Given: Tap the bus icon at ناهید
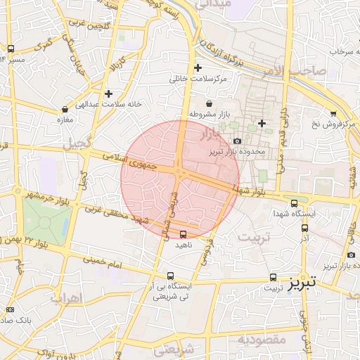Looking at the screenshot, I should pos(184,234).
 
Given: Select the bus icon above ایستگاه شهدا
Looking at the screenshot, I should pos(303,202).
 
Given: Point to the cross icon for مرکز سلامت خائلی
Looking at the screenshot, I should pos(198,68).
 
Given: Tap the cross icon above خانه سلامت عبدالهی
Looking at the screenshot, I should pos(108,93).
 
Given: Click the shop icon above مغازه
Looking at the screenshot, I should pos(65,109).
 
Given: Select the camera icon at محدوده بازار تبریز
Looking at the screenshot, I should pos(236,141).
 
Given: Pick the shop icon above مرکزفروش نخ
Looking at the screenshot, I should pos(333,113).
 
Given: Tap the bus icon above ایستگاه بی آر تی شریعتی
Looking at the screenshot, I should pos(171,276).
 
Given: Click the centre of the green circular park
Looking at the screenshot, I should pos(46,224).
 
